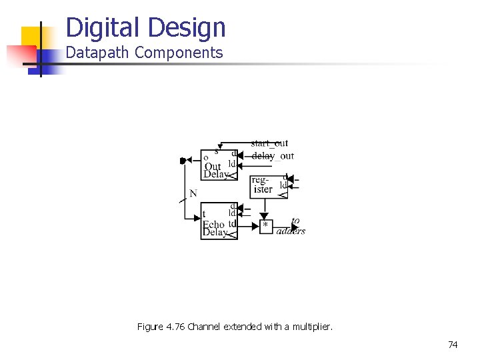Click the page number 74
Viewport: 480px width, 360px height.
tap(453, 345)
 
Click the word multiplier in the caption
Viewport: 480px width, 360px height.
tap(312, 327)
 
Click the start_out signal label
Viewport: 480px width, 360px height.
tap(269, 143)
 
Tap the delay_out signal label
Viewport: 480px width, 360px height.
tap(273, 156)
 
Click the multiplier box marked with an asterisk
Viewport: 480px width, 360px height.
tap(266, 227)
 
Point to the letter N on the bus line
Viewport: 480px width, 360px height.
tap(193, 193)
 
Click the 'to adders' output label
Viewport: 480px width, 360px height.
tap(291, 227)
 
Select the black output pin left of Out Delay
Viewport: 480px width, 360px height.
tap(183, 160)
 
